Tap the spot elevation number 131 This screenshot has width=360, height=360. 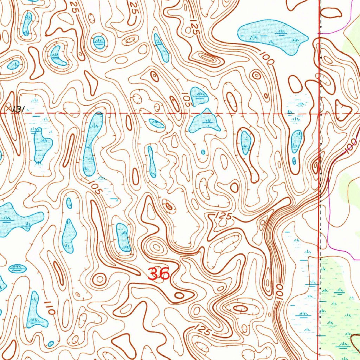point(18,110)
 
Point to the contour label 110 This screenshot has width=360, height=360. point(50,307)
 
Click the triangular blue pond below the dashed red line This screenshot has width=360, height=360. point(205,121)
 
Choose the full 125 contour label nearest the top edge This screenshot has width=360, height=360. point(194,27)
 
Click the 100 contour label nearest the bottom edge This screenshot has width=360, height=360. point(279,292)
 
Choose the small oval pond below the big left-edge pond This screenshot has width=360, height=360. point(17,269)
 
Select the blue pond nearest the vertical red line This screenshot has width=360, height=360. point(296,141)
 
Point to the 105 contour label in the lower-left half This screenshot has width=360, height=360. point(96,188)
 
